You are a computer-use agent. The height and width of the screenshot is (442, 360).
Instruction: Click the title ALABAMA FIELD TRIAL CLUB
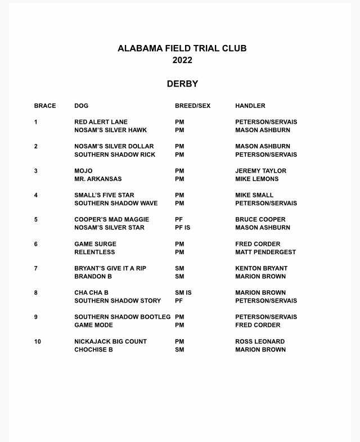pyautogui.click(x=182, y=48)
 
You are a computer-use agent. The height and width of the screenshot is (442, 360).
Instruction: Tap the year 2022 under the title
pyautogui.click(x=182, y=60)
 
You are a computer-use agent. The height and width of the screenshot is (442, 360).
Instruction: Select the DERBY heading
pyautogui.click(x=182, y=84)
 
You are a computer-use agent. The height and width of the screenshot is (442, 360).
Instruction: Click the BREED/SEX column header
pyautogui.click(x=192, y=106)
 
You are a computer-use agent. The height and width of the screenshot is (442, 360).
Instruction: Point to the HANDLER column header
pyautogui.click(x=250, y=106)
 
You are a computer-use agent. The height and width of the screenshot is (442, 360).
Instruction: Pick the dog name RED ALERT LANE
pyautogui.click(x=101, y=122)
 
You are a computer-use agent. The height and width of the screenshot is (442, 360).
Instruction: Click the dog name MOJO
pyautogui.click(x=83, y=171)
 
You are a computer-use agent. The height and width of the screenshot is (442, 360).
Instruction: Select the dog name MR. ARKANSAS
pyautogui.click(x=98, y=179)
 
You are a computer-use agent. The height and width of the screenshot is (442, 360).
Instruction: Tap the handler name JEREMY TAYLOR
pyautogui.click(x=260, y=171)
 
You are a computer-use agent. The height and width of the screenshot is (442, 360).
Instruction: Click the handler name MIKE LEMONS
pyautogui.click(x=256, y=179)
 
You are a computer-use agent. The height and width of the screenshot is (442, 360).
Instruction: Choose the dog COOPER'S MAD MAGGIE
pyautogui.click(x=112, y=219)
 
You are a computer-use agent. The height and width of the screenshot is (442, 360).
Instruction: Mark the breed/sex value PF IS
pyautogui.click(x=184, y=228)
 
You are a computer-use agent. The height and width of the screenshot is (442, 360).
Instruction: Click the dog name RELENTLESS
pyautogui.click(x=94, y=252)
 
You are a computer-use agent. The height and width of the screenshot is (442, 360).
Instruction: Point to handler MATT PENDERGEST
pyautogui.click(x=265, y=252)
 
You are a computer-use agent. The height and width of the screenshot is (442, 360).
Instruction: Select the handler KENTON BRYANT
pyautogui.click(x=261, y=268)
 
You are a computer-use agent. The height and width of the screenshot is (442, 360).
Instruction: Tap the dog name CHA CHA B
pyautogui.click(x=91, y=293)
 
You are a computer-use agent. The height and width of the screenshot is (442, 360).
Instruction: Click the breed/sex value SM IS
pyautogui.click(x=183, y=293)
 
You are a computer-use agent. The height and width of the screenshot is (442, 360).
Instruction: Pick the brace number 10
pyautogui.click(x=38, y=341)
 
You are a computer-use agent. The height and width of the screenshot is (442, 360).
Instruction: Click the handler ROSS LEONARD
pyautogui.click(x=260, y=341)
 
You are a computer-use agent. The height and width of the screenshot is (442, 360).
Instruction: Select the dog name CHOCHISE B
pyautogui.click(x=93, y=350)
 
